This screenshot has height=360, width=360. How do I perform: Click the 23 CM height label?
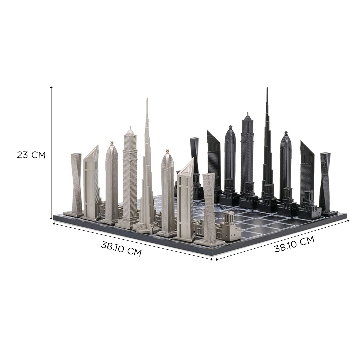click(31, 155)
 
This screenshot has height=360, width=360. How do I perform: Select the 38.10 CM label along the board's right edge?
click(295, 244)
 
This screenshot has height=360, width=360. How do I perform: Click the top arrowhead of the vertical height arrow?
click(51, 88)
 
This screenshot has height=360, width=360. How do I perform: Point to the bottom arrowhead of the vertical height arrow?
click(51, 218)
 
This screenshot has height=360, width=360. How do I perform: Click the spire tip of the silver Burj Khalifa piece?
click(147, 99)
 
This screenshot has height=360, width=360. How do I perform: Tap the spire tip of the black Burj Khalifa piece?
click(267, 88)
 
